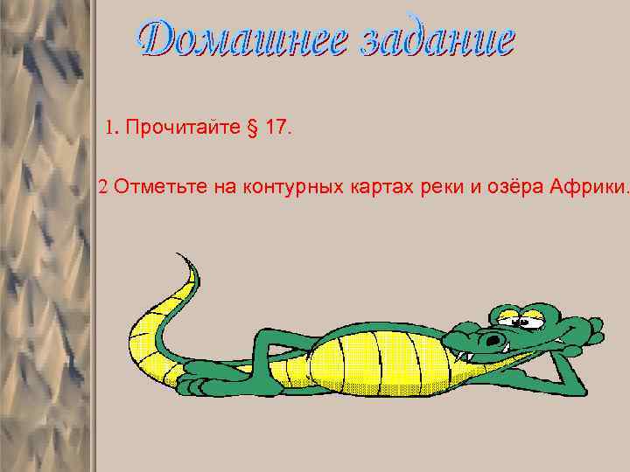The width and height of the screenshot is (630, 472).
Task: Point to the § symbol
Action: [254, 129]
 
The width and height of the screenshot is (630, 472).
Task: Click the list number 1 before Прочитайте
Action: [110, 128]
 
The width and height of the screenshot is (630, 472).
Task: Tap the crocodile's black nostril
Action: [495, 340]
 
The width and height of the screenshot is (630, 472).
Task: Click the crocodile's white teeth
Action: [465, 356]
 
